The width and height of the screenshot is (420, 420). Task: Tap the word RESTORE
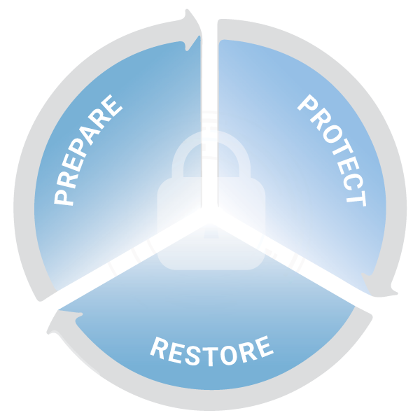point(211,351)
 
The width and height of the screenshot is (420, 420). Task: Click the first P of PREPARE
point(64,197)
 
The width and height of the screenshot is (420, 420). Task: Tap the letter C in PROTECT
point(353,182)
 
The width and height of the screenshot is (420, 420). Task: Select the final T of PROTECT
point(356,199)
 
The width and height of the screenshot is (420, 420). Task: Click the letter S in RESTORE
point(192,356)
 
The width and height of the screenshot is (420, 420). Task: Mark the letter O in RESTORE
point(229,355)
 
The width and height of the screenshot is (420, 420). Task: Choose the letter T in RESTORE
point(211,356)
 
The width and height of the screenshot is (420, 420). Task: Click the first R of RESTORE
point(159,347)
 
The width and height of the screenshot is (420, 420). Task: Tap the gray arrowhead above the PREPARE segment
point(193,29)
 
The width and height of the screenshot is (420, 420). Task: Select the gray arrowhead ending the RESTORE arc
point(64,322)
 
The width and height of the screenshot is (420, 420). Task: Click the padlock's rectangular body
point(211,223)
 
